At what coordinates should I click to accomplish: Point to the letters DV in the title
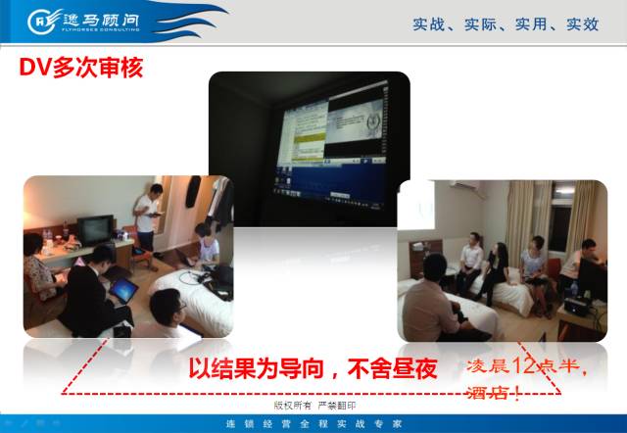tap(35, 70)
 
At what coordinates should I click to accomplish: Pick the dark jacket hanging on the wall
tap(217, 201)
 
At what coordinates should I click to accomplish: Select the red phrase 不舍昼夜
tap(392, 369)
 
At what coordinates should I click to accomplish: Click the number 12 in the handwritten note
tap(526, 367)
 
